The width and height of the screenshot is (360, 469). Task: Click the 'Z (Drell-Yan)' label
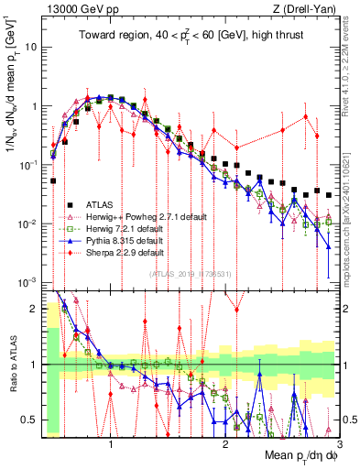308,8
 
